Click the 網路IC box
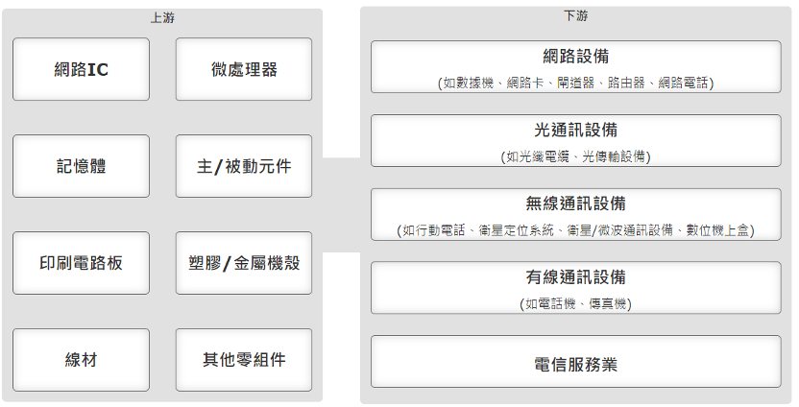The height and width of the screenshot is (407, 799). click(x=81, y=69)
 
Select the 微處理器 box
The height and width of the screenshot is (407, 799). click(x=244, y=69)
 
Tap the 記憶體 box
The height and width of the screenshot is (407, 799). click(x=81, y=166)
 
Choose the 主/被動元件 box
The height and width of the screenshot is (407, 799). click(x=244, y=166)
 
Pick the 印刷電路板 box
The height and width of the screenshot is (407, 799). click(x=81, y=263)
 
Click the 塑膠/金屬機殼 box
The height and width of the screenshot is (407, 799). click(x=244, y=263)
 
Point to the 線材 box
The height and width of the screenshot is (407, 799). click(x=81, y=360)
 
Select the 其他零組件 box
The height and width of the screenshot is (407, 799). click(x=244, y=360)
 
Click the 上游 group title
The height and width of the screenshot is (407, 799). click(x=162, y=18)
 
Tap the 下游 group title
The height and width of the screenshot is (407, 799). click(x=576, y=16)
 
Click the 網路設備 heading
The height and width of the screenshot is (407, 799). click(x=576, y=56)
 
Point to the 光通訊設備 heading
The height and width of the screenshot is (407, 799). click(x=576, y=130)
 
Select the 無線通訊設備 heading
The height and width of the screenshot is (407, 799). click(x=576, y=203)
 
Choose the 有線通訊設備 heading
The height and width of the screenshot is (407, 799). click(x=576, y=277)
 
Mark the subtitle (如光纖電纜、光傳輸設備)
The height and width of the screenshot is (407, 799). click(x=576, y=156)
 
